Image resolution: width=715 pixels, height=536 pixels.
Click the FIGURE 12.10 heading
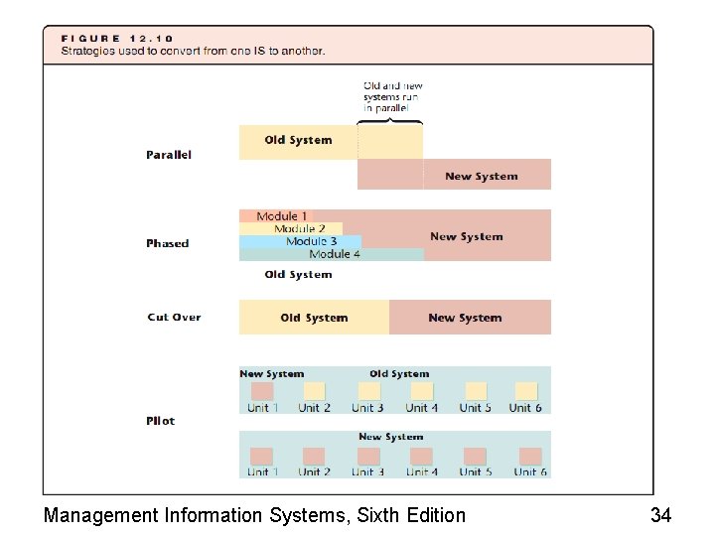tap(118, 39)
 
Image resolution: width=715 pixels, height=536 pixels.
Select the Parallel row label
tap(169, 155)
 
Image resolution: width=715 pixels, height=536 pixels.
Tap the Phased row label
tap(167, 243)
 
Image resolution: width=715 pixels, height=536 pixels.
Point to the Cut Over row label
tap(174, 318)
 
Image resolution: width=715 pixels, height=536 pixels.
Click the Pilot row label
tap(160, 421)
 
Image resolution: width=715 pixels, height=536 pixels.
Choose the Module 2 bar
tap(299, 229)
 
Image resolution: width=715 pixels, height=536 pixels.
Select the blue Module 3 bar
tap(311, 241)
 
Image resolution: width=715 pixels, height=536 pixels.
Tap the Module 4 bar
tap(335, 254)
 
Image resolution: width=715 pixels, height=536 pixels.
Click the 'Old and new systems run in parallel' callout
tap(392, 97)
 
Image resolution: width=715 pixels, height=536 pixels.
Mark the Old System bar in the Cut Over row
tap(314, 319)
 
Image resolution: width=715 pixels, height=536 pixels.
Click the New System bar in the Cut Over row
tap(465, 319)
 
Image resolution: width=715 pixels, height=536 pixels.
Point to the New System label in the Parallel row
tap(481, 177)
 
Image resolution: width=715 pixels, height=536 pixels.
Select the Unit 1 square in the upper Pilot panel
tap(262, 391)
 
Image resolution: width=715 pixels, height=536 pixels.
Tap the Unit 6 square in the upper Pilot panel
tap(526, 391)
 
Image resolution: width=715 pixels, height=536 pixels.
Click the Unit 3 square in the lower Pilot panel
tap(367, 456)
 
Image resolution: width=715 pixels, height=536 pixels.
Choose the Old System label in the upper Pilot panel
tap(399, 374)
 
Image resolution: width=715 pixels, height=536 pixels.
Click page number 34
tap(660, 515)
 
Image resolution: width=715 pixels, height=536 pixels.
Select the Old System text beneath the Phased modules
tap(298, 275)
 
